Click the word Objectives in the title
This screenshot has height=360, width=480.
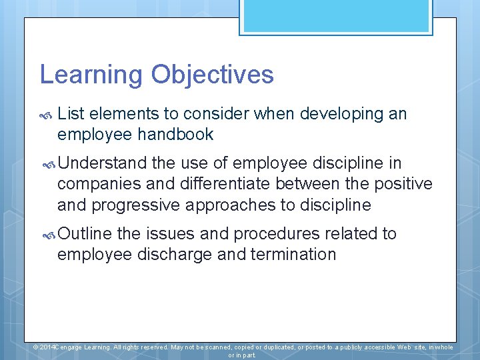pyautogui.click(x=212, y=75)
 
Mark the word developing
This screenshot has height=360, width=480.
pyautogui.click(x=339, y=114)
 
